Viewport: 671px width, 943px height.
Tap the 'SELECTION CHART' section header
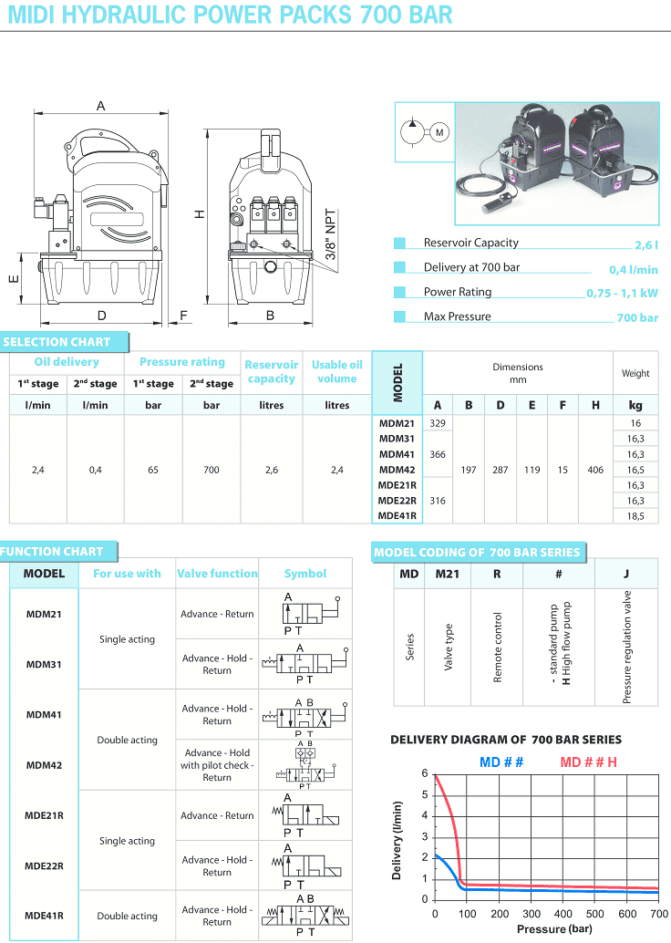pos(57,342)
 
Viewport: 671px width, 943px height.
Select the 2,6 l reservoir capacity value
pos(646,244)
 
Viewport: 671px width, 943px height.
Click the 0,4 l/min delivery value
pos(634,269)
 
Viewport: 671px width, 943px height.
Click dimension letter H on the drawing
pos(199,214)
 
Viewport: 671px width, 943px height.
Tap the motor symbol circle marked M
pos(439,133)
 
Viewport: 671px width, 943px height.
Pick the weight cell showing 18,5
pos(635,515)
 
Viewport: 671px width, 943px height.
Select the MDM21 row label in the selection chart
pos(397,423)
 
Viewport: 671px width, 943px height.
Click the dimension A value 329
pos(438,423)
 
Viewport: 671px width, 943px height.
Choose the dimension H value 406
pos(595,470)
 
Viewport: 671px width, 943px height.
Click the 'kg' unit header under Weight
pos(635,404)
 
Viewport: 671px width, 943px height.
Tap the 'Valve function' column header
pos(217,574)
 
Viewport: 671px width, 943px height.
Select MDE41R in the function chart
pos(44,916)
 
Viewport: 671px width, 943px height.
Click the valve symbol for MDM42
pos(305,765)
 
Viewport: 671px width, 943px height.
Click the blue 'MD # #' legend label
pos(501,762)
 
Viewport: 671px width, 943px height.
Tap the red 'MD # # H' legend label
pos(589,762)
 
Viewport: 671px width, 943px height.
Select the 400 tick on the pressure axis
pos(563,914)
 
